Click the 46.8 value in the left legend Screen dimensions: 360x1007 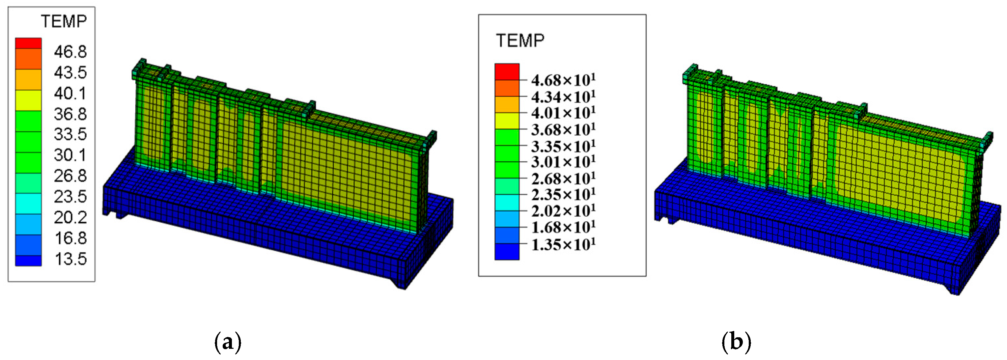[x=70, y=52]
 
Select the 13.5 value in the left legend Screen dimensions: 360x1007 [x=70, y=259]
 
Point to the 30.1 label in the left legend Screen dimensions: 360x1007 [x=70, y=155]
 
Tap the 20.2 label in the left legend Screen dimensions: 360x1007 [x=70, y=217]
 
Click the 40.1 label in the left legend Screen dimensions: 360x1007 [x=70, y=94]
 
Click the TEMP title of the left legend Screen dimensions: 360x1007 [x=64, y=21]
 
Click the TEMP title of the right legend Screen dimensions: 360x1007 [x=520, y=41]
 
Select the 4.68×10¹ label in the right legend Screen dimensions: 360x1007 [x=563, y=80]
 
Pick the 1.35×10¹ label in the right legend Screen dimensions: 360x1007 [x=563, y=245]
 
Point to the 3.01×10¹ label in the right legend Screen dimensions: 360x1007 [x=563, y=162]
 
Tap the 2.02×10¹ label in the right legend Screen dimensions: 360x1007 [x=563, y=211]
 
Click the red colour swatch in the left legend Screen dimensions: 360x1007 [x=28, y=43]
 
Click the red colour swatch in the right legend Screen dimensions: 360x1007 [x=507, y=72]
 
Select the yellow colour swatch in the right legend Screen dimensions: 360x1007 [x=507, y=121]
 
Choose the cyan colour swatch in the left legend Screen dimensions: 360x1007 [x=28, y=204]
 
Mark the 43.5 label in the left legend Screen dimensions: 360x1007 [x=70, y=72]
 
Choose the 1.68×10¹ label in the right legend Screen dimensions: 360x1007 [x=563, y=228]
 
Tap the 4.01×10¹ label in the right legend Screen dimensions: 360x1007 [x=563, y=113]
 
